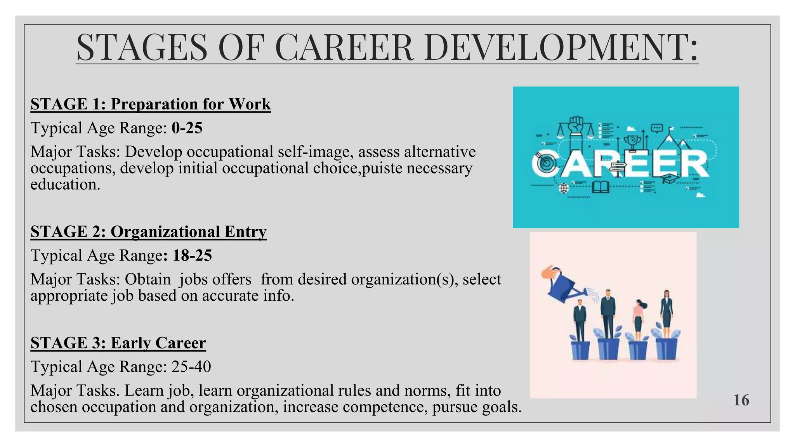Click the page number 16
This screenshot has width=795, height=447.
741,400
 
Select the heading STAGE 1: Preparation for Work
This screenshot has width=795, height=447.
151,104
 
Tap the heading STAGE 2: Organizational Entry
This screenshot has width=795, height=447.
148,232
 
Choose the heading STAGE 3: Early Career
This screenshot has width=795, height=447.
118,343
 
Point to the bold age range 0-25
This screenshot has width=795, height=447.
187,128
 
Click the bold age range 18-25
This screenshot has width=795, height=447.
192,255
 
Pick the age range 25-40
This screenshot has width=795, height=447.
191,367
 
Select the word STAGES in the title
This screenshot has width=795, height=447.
142,48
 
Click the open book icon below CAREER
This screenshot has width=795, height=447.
601,187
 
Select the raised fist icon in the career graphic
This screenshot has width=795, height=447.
576,125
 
